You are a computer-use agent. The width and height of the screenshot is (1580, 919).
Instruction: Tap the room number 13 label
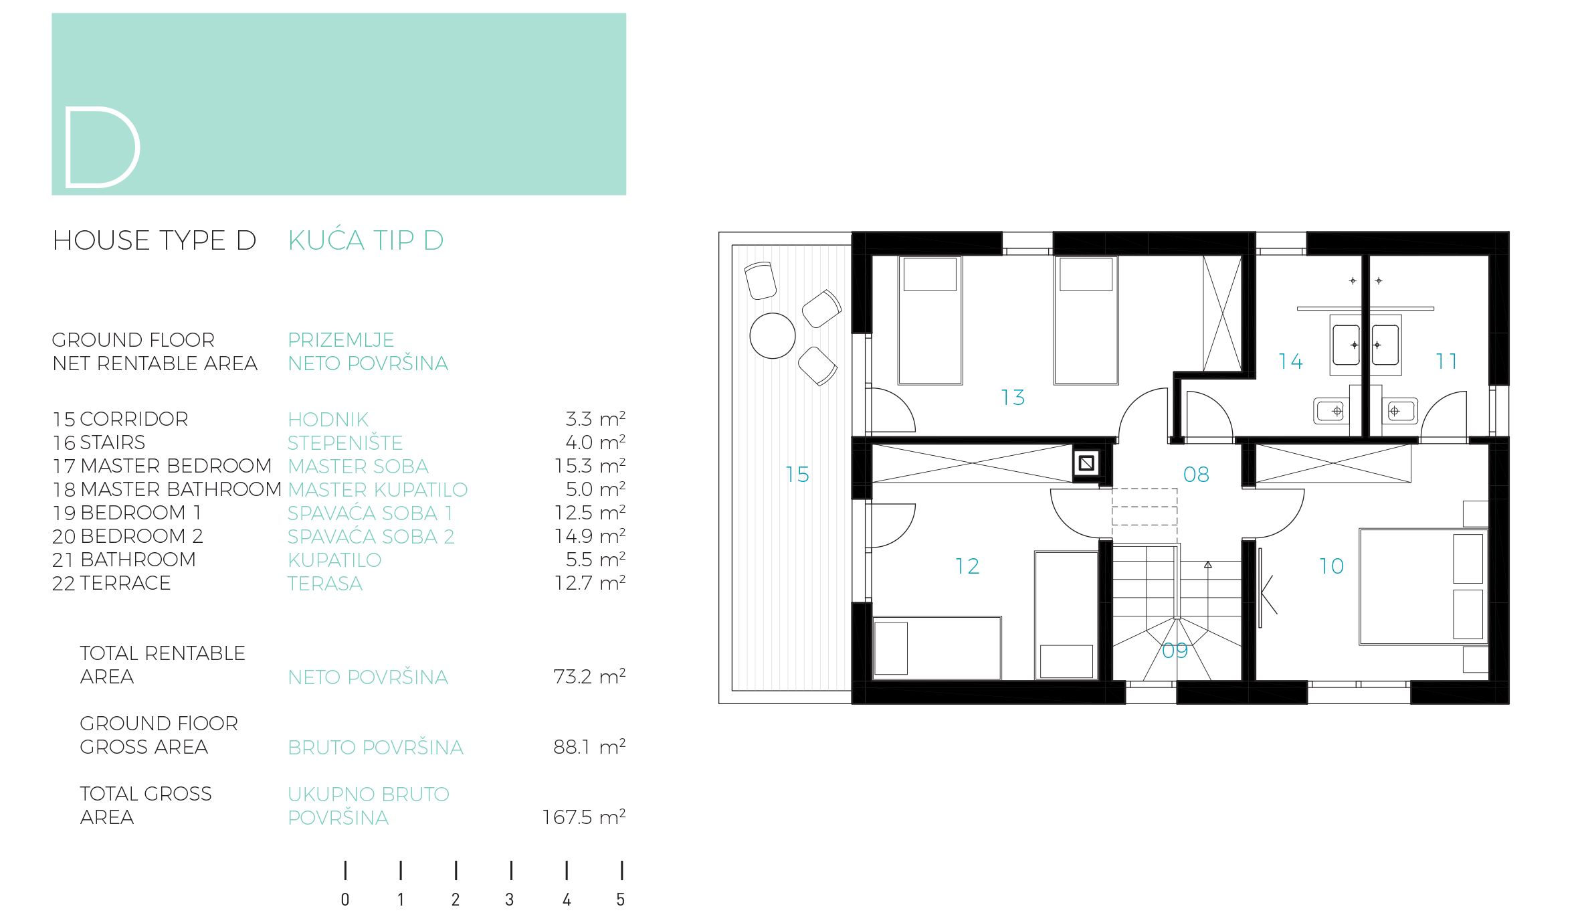(1013, 398)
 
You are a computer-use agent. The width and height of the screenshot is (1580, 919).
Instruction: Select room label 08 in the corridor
(1196, 475)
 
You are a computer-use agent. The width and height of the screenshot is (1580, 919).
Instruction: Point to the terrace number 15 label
(797, 475)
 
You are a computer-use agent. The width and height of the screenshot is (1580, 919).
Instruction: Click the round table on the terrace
(773, 336)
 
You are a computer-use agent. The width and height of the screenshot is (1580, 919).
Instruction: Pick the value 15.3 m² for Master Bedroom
(589, 466)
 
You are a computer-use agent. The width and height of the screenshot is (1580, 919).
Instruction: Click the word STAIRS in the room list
(112, 442)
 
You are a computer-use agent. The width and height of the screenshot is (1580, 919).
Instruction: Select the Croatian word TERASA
(325, 584)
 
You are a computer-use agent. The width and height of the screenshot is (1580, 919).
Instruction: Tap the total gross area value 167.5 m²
(583, 817)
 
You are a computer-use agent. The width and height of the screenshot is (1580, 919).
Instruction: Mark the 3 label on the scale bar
(510, 900)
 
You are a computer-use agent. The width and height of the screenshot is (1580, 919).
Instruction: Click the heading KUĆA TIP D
(366, 240)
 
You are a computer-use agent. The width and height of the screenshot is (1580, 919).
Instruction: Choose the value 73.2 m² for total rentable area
(589, 677)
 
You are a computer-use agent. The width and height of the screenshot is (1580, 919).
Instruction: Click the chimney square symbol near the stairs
(1086, 463)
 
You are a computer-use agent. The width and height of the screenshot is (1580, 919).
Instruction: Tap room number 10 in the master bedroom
(1331, 566)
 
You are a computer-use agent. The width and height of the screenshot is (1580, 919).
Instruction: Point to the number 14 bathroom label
(1290, 362)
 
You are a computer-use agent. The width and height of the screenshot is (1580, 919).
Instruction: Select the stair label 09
(1175, 651)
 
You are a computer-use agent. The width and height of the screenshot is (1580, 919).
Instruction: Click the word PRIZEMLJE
(341, 340)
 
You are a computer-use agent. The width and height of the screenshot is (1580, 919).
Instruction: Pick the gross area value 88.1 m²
(589, 747)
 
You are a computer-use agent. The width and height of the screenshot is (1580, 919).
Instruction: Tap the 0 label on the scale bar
(345, 900)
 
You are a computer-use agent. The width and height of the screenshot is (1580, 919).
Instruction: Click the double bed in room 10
(1423, 587)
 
